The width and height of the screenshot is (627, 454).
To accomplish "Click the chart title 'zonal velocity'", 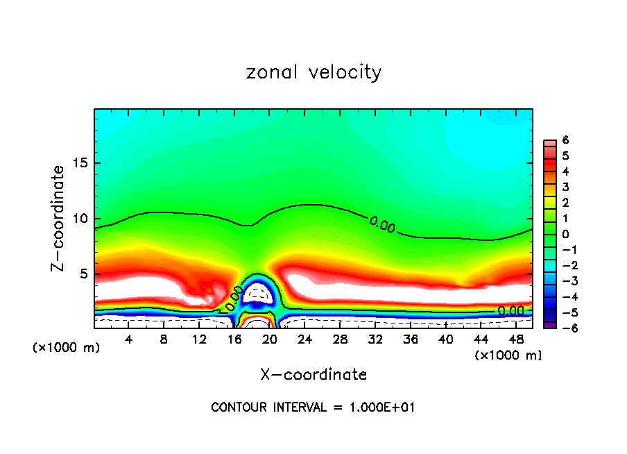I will (x=313, y=72).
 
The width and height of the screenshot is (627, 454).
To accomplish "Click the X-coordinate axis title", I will (x=313, y=375).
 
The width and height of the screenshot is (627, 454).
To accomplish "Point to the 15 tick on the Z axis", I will (x=80, y=164).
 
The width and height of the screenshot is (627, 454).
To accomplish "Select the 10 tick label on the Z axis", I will (x=80, y=219).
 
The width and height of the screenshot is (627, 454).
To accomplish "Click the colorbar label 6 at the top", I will (x=565, y=140).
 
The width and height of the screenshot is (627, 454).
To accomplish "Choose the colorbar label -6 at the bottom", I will (x=563, y=328).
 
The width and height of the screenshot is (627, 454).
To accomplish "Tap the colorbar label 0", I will (x=565, y=234).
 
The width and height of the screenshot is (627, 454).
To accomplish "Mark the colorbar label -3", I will (x=563, y=281).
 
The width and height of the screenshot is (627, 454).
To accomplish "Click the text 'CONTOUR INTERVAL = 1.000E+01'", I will (x=313, y=407).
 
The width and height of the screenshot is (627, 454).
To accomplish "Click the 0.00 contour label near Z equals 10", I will (x=382, y=224).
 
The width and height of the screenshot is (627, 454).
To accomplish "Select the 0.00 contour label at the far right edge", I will (x=510, y=311).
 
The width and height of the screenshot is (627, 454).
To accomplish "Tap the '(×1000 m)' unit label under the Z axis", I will (x=67, y=348).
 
